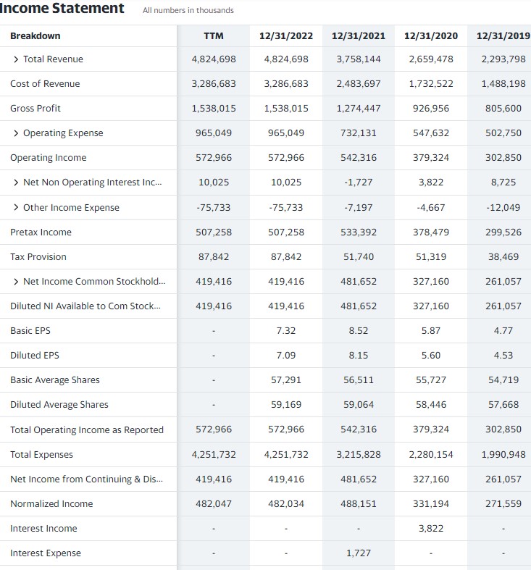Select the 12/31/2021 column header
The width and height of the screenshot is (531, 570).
[x=358, y=35]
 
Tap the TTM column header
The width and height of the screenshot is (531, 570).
[x=214, y=35]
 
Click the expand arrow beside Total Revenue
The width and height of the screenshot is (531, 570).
[x=16, y=59]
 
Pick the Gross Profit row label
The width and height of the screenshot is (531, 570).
[x=35, y=109]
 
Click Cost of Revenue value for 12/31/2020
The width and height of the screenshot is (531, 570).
[x=430, y=84]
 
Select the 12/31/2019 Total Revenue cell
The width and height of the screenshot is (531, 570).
[x=503, y=59]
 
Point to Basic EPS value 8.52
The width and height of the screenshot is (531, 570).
[x=358, y=331]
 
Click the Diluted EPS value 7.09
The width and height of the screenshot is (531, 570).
[x=286, y=356]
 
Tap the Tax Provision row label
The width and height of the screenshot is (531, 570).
[x=38, y=257]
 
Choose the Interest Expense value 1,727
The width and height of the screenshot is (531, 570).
[x=358, y=553]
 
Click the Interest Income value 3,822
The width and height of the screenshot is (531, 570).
[x=430, y=529]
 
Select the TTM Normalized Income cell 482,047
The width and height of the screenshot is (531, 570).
[x=214, y=504]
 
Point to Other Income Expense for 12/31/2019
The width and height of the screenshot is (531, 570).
[x=503, y=208]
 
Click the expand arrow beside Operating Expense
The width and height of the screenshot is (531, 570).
[x=16, y=133]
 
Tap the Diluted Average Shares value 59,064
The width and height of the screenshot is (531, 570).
[x=358, y=405]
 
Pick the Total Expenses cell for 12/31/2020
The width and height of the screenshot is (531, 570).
[x=430, y=455]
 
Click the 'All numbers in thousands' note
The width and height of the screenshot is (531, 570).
[x=188, y=11]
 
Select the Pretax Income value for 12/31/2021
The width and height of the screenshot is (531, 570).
[x=358, y=232]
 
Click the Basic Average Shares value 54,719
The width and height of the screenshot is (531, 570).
[x=503, y=380]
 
